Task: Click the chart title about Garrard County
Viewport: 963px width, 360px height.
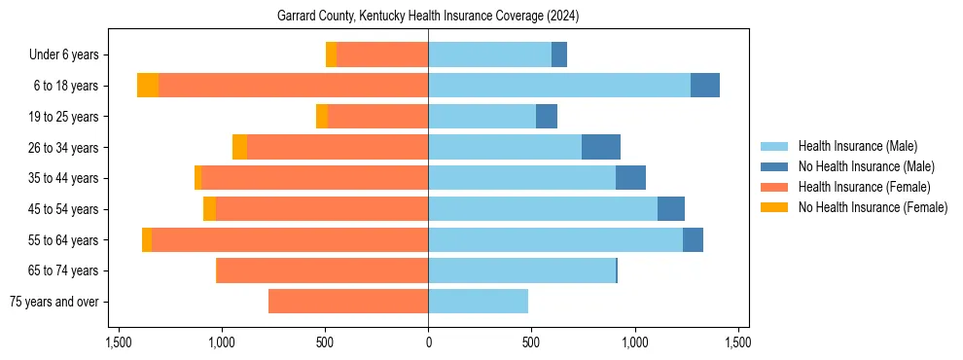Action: (x=428, y=17)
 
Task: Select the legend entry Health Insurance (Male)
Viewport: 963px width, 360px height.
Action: (x=856, y=147)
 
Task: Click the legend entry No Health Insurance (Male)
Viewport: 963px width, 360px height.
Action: (x=863, y=167)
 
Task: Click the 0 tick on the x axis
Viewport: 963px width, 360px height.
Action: (x=428, y=342)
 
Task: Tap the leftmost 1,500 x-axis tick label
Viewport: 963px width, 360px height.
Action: (x=119, y=342)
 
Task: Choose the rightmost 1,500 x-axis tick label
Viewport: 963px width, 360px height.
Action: (x=737, y=342)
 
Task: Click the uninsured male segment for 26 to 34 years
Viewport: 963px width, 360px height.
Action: (x=601, y=147)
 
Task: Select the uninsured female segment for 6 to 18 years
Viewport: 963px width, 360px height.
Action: (x=148, y=86)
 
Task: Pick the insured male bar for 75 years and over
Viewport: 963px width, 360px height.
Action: (x=478, y=302)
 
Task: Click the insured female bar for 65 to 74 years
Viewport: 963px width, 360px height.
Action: (x=322, y=270)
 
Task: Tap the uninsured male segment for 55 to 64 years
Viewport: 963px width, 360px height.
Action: (x=693, y=240)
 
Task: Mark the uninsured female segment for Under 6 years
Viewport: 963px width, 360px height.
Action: (x=331, y=54)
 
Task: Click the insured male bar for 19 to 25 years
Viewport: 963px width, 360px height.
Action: (x=481, y=117)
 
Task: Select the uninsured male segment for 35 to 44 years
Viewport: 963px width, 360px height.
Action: (x=630, y=178)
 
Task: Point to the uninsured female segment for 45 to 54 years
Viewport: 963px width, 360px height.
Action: (x=209, y=209)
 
